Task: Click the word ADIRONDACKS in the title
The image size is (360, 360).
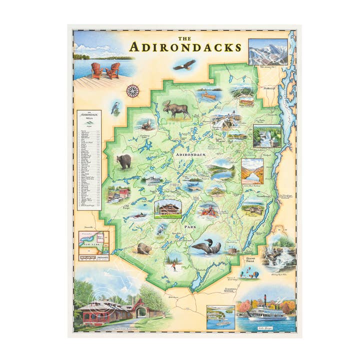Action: point(185,47)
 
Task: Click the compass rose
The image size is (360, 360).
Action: point(132,90)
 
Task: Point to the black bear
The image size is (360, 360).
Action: point(123,161)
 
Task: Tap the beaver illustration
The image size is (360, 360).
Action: point(144,248)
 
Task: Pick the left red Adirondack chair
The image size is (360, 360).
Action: point(97,70)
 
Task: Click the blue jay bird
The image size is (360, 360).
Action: point(115,107)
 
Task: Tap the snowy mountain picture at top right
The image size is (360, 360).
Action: point(267,51)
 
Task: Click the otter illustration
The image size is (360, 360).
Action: point(146,125)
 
